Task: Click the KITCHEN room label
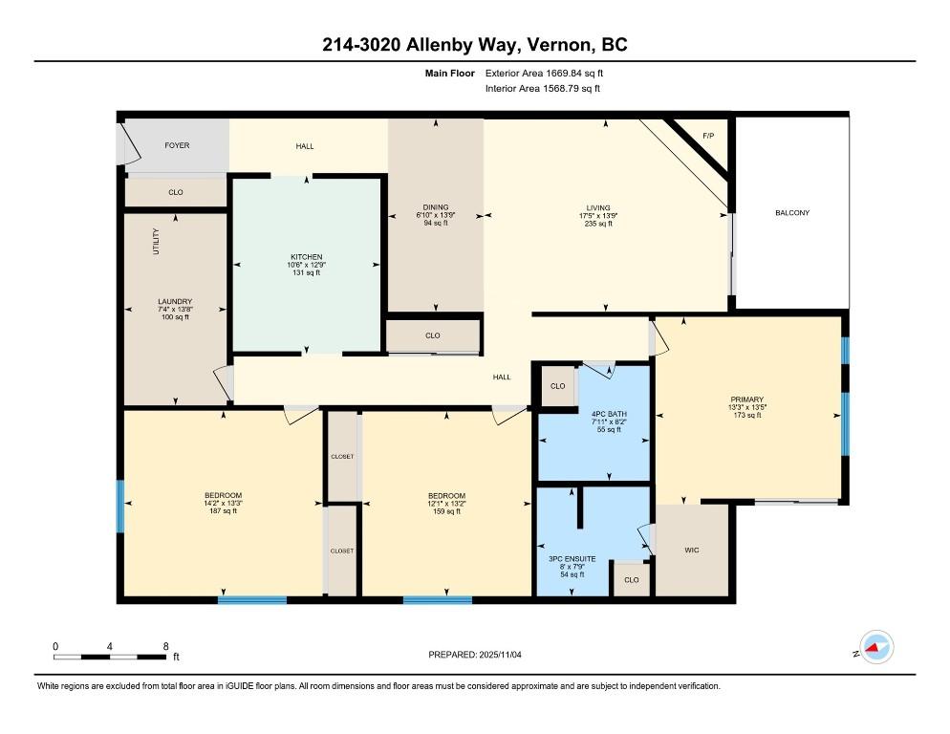tap(306, 257)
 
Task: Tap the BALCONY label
tap(792, 213)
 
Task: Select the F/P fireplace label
tap(708, 136)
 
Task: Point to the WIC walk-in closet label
tap(691, 550)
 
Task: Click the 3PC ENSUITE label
tap(572, 559)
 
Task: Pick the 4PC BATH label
tap(609, 414)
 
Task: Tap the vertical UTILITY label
tap(157, 241)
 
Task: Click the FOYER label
tap(177, 145)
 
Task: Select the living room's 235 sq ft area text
tap(598, 224)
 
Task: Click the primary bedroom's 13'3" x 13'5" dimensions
tap(746, 407)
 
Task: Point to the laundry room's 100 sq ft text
tap(175, 317)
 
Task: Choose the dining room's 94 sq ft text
tap(436, 223)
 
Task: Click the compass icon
tap(876, 647)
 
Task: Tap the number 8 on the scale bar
tap(165, 646)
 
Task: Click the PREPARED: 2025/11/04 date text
tap(474, 655)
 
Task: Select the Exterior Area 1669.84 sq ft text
tap(544, 74)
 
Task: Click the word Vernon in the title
tap(559, 45)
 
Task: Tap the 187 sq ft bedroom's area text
tap(223, 511)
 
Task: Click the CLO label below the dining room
tap(433, 335)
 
